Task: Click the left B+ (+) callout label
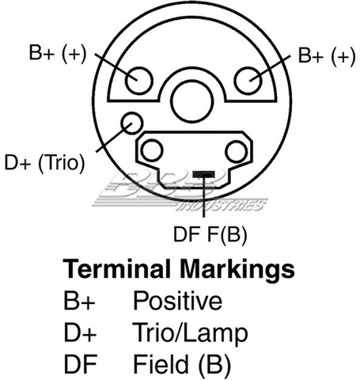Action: tap(58, 53)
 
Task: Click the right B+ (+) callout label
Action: tap(327, 56)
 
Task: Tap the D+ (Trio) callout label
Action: tap(45, 163)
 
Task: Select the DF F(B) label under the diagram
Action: tap(210, 234)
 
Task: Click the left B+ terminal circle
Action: tap(139, 81)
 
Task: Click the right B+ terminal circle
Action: tap(248, 81)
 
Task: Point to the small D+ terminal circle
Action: tap(132, 123)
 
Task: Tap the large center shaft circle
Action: tap(192, 101)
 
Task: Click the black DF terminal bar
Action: tap(203, 174)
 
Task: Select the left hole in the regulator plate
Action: tap(152, 150)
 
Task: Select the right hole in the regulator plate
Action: tap(237, 151)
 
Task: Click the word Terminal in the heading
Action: tap(116, 269)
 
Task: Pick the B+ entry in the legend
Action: tap(79, 301)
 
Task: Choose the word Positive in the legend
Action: tap(177, 300)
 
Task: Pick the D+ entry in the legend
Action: tap(80, 332)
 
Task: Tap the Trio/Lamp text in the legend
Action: tap(190, 333)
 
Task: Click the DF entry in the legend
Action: tap(80, 364)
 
